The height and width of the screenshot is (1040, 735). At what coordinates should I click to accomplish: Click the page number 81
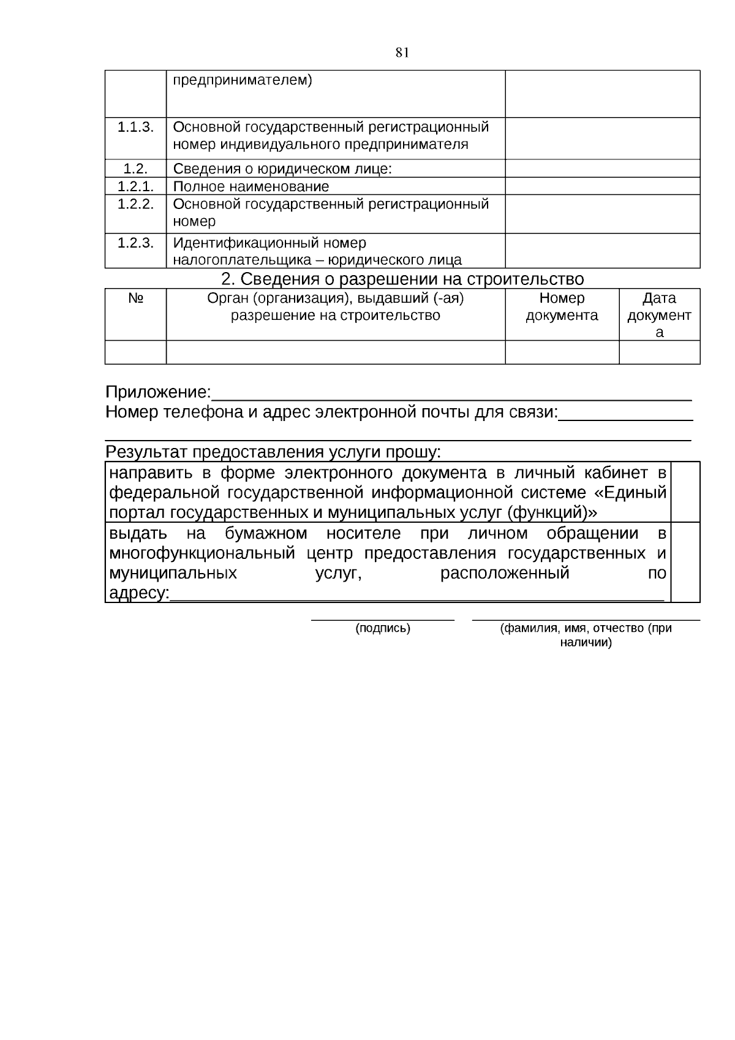pyautogui.click(x=402, y=53)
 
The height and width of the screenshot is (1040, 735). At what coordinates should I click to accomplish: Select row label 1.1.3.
pyautogui.click(x=135, y=127)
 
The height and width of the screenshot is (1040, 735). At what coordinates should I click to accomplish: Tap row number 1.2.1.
pyautogui.click(x=135, y=186)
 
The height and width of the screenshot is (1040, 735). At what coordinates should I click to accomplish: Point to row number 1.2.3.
pyautogui.click(x=135, y=243)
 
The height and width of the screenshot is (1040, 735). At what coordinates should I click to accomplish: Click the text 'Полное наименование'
pyautogui.click(x=251, y=186)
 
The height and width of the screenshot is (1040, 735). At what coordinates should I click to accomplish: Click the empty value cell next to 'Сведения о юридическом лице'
pyautogui.click(x=602, y=169)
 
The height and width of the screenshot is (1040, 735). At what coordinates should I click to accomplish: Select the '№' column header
pyautogui.click(x=135, y=298)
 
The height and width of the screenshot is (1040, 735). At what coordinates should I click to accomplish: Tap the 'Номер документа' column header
pyautogui.click(x=562, y=307)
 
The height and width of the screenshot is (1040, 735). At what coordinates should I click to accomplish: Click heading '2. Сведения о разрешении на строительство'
pyautogui.click(x=402, y=279)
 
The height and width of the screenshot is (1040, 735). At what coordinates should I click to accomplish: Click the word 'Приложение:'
pyautogui.click(x=158, y=392)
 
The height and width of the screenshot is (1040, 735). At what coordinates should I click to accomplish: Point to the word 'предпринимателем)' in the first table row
pyautogui.click(x=243, y=80)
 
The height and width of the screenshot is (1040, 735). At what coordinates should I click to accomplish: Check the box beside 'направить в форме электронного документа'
pyautogui.click(x=685, y=492)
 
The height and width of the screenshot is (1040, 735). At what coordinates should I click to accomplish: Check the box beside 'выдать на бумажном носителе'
pyautogui.click(x=685, y=563)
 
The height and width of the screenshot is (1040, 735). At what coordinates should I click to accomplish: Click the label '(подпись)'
pyautogui.click(x=383, y=628)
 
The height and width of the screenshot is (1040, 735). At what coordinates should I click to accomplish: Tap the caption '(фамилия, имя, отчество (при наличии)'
pyautogui.click(x=586, y=635)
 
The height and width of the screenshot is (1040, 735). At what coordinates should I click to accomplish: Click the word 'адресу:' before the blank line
pyautogui.click(x=138, y=593)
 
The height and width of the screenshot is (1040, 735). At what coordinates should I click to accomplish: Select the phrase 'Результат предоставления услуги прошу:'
pyautogui.click(x=273, y=452)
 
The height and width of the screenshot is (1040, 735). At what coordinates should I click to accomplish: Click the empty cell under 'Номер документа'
pyautogui.click(x=562, y=352)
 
